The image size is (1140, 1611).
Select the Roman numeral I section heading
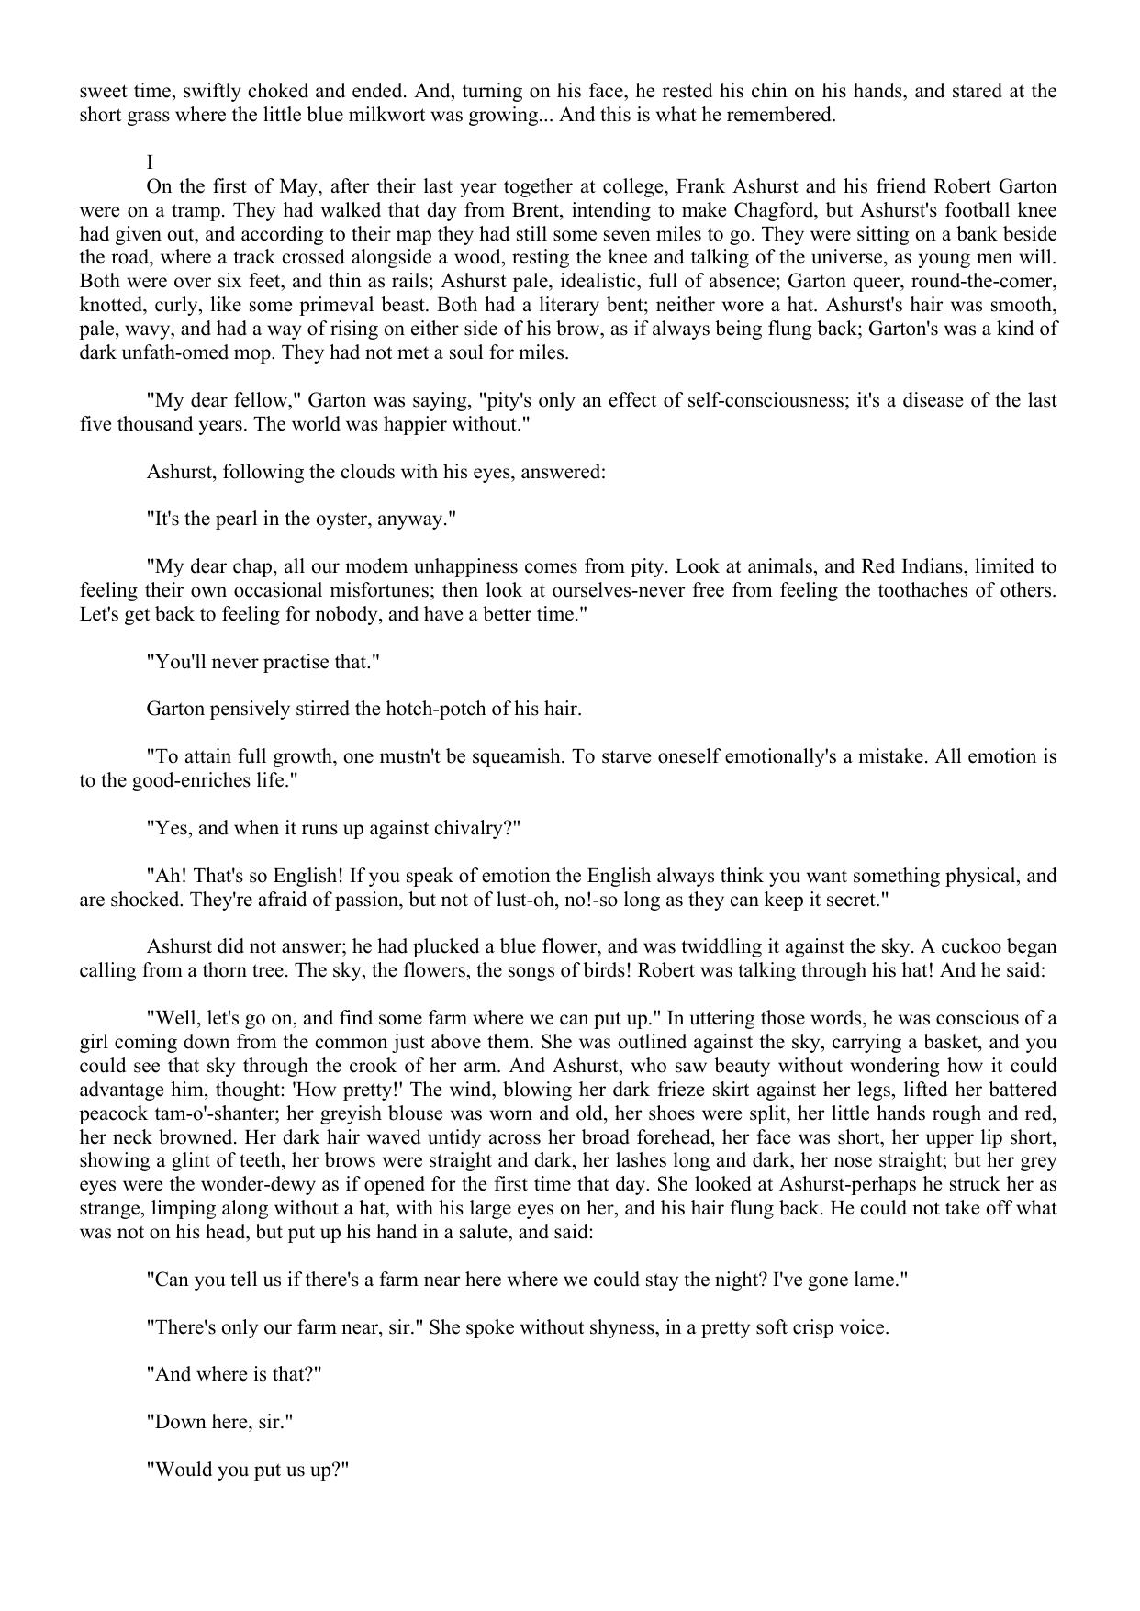pos(150,162)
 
